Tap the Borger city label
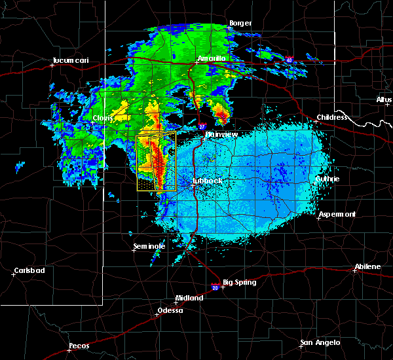pos(240,24)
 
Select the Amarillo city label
pos(212,58)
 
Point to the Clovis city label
pos(103,118)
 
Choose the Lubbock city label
pos(208,181)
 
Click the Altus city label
pos(384,99)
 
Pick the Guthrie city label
pos(327,179)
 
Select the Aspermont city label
pos(337,214)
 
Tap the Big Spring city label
pos(240,283)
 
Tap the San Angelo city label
pos(320,342)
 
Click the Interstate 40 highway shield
pos(288,60)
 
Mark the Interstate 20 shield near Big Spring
pos(215,285)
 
